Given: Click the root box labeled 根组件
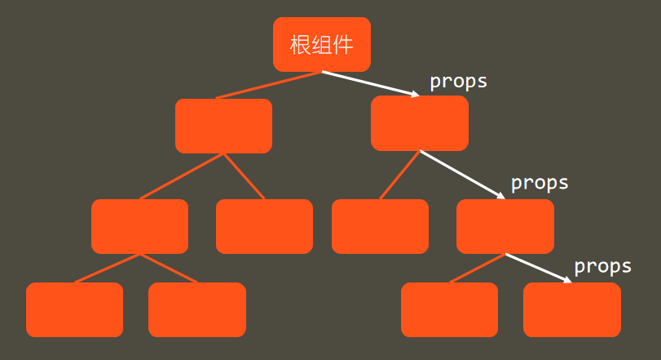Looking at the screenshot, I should (321, 44).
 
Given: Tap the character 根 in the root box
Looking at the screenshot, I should (300, 45).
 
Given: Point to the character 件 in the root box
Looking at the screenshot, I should (344, 45).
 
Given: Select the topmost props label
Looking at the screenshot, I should (458, 82).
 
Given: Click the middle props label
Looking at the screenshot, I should (539, 183).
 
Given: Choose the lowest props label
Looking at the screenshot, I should (602, 266).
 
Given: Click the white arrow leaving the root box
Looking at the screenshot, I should (371, 84).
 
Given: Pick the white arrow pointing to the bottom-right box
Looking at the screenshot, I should (539, 269).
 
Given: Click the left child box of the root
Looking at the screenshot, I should (223, 126).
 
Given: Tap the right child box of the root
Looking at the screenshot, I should (419, 123).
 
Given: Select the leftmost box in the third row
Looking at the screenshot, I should (139, 226).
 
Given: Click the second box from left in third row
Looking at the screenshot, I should (264, 226).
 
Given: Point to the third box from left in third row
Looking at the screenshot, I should (380, 226).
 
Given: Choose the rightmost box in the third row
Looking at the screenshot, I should (505, 226).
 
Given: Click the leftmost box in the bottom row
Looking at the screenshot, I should (74, 309).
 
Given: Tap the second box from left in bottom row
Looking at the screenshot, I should (196, 309).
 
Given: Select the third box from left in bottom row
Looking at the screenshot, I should (449, 309).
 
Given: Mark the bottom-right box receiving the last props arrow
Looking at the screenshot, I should (571, 309).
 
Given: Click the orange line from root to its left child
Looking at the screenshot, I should (269, 85).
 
